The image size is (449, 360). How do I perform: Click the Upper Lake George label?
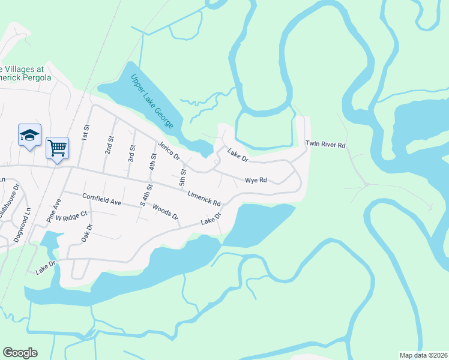pyautogui.click(x=152, y=101)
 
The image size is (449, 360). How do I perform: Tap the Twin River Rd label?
pyautogui.click(x=325, y=145)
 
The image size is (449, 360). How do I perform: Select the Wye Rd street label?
pyautogui.click(x=255, y=180)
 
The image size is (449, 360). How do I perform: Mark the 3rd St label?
pyautogui.click(x=131, y=152)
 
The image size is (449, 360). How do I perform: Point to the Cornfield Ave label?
pyautogui.click(x=102, y=199)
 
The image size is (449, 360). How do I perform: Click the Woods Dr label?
pyautogui.click(x=166, y=212)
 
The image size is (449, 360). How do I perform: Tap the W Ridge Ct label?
pyautogui.click(x=71, y=215)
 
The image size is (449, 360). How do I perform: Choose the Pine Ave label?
pyautogui.click(x=54, y=214)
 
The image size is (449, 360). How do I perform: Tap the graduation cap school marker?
pyautogui.click(x=29, y=136)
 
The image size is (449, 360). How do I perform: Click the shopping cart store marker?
pyautogui.click(x=57, y=148)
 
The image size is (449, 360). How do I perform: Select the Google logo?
pyautogui.click(x=20, y=353)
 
